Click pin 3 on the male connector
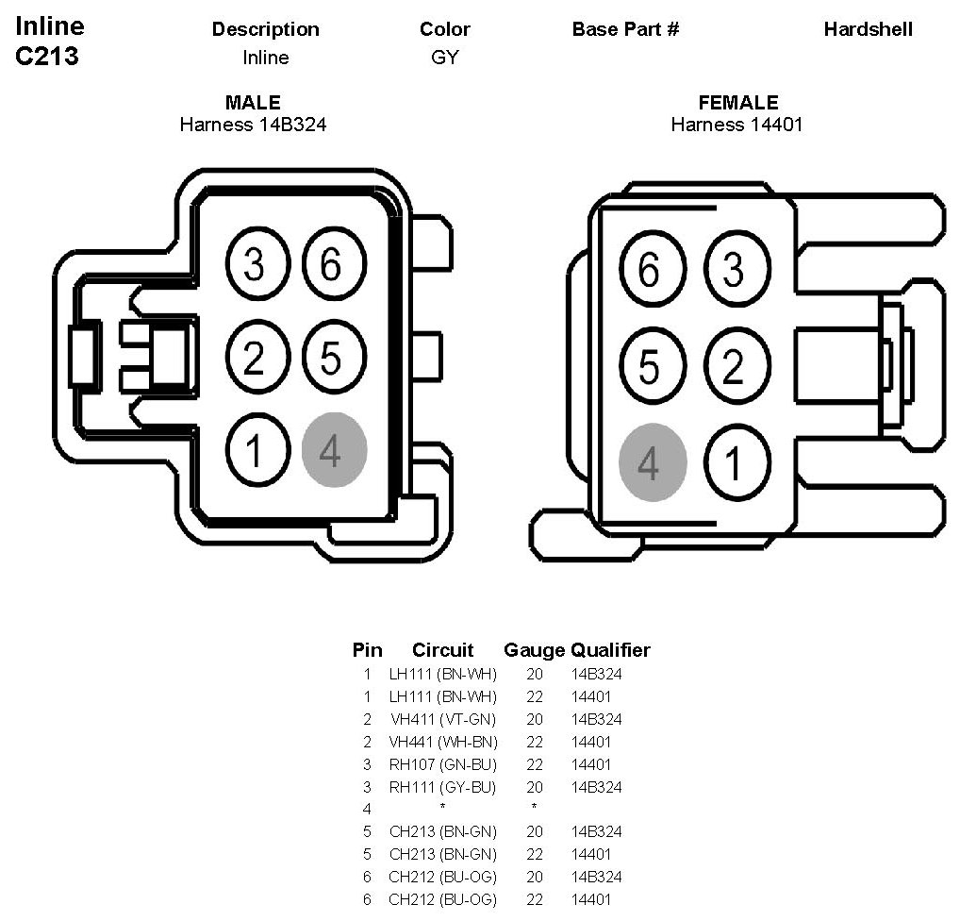point(254,265)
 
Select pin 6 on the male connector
point(330,265)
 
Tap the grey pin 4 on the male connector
point(334,450)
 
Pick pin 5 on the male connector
point(330,358)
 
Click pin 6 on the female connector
point(649,271)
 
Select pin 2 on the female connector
point(733,366)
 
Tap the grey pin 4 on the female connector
point(651,462)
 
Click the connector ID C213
point(47,57)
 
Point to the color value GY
point(444,58)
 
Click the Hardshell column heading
point(868,29)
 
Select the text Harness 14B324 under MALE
point(253,124)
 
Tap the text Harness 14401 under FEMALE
point(737,124)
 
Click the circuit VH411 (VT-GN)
point(442,719)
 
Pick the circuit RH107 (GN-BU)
point(442,764)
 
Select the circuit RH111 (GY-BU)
point(442,787)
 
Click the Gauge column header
point(534,650)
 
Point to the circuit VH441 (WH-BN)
point(442,742)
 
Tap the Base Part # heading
point(625,29)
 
